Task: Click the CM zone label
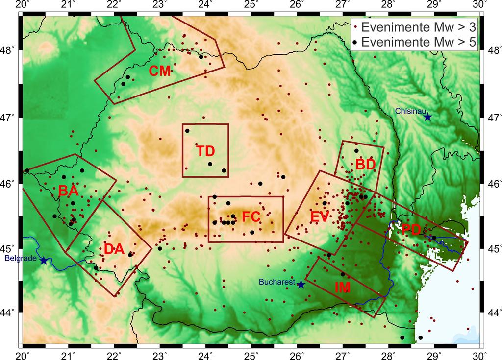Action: click(x=160, y=72)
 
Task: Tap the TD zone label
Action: click(x=206, y=151)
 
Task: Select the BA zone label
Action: click(x=69, y=191)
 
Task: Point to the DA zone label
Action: click(x=114, y=249)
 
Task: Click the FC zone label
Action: click(x=251, y=216)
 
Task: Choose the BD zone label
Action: click(x=365, y=165)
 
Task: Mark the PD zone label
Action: click(x=410, y=229)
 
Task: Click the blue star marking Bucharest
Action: click(x=301, y=285)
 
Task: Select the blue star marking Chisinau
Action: click(x=427, y=117)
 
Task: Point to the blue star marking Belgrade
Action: click(x=44, y=261)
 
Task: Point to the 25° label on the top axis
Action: click(x=251, y=5)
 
